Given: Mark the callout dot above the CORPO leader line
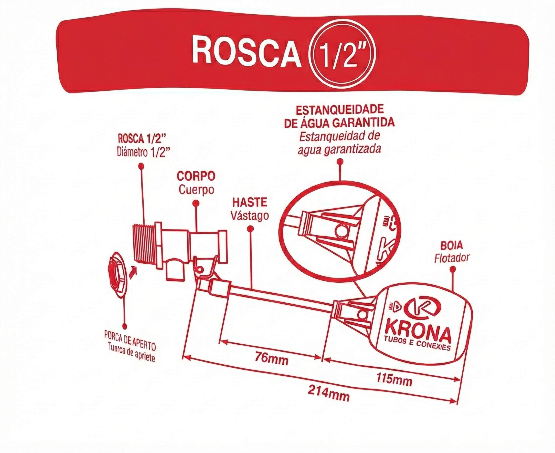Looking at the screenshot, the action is tap(195, 203).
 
